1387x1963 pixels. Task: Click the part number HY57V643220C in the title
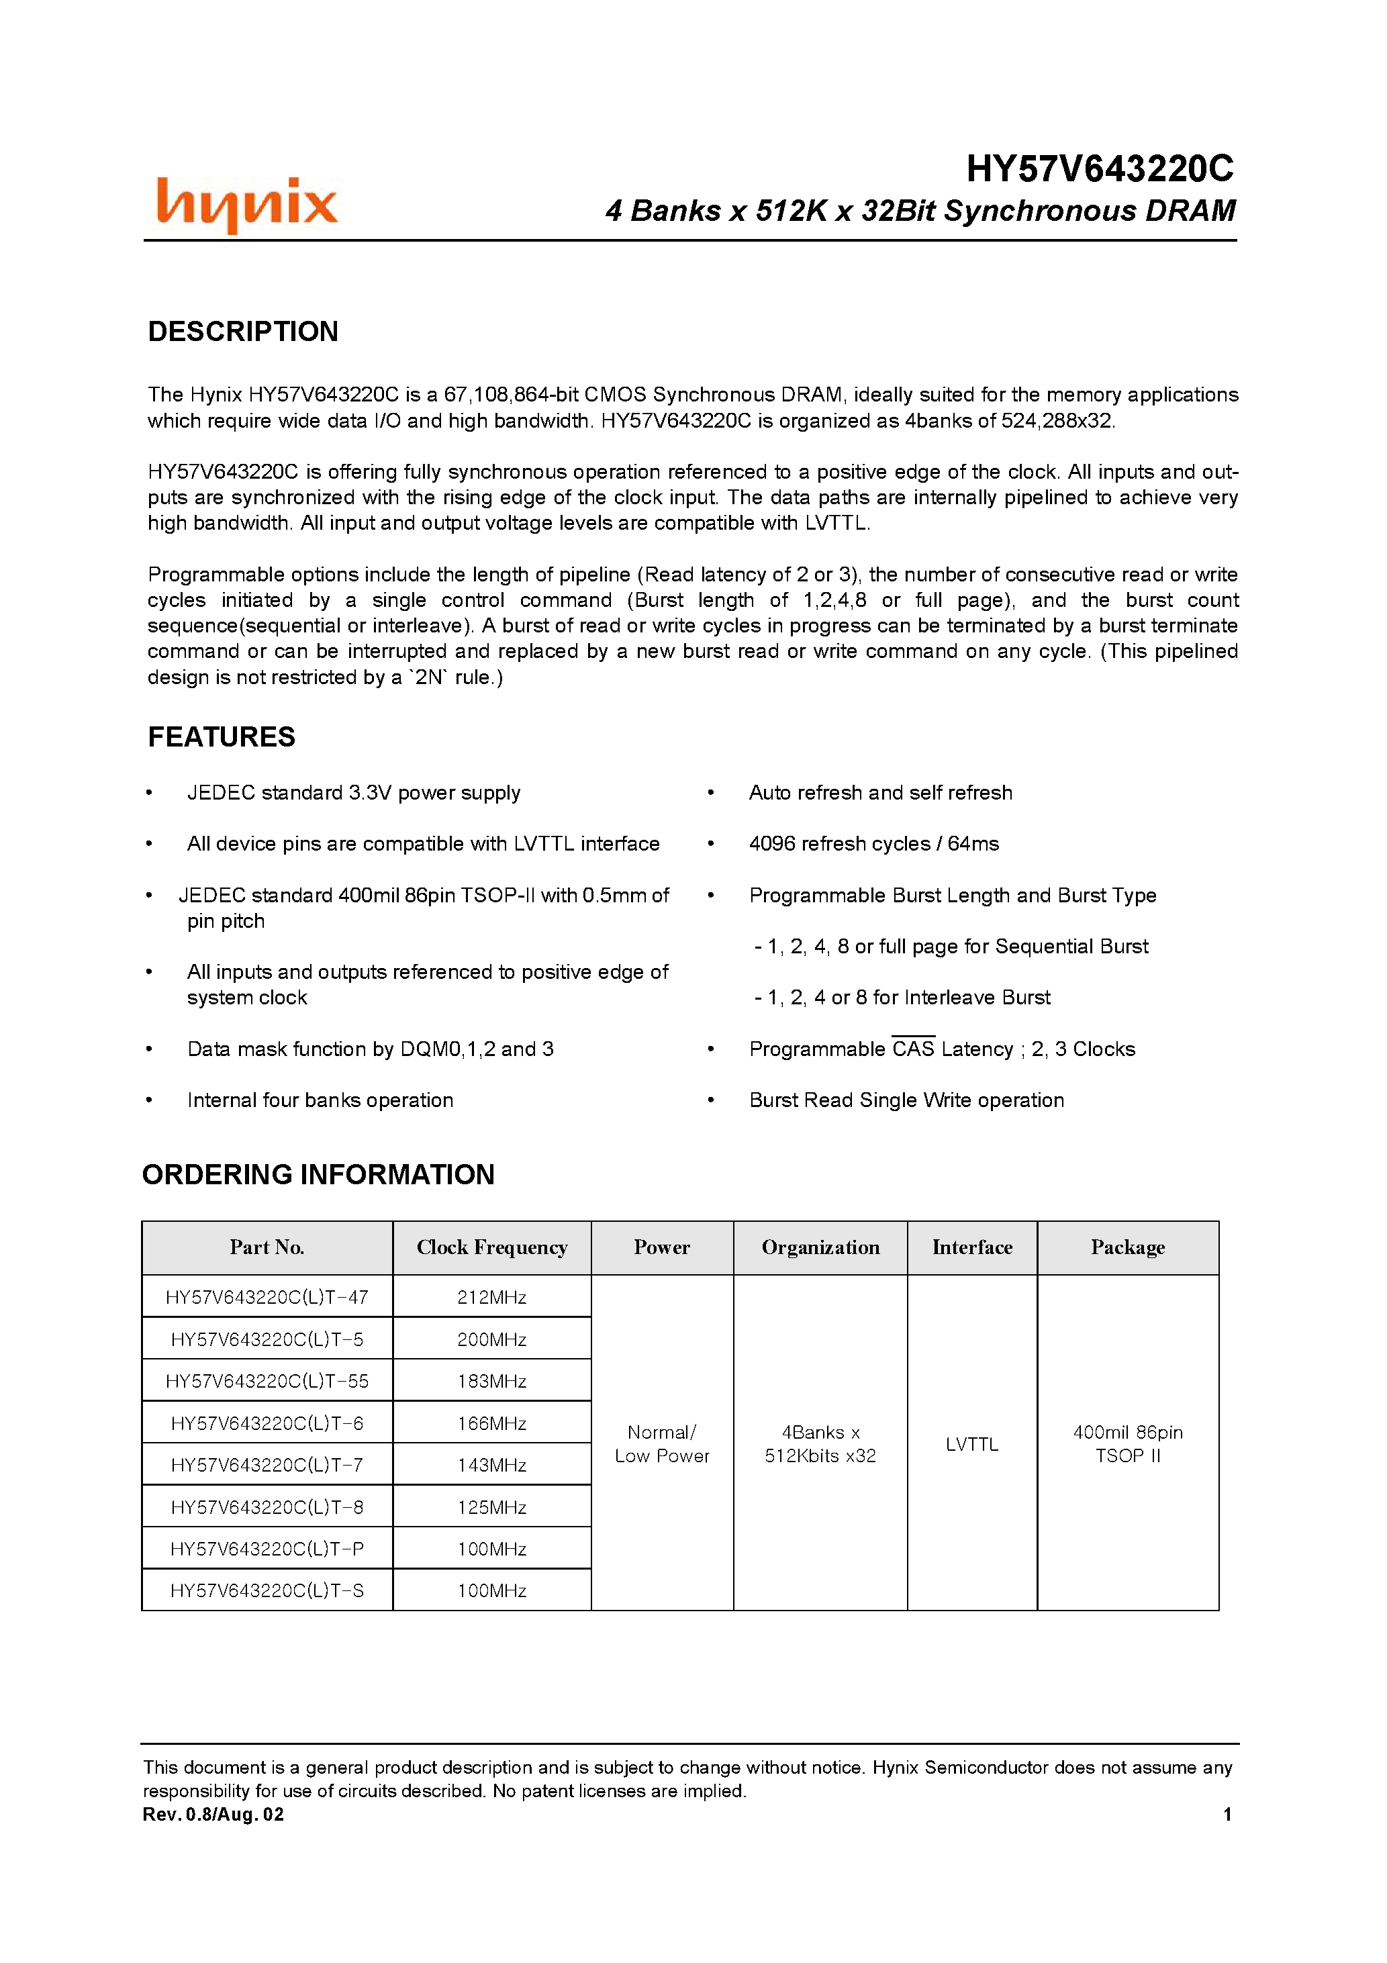pyautogui.click(x=1100, y=169)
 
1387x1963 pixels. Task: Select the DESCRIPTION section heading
pyautogui.click(x=243, y=331)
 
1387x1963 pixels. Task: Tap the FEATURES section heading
pyautogui.click(x=222, y=737)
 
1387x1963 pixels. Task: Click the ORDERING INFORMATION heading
pyautogui.click(x=318, y=1175)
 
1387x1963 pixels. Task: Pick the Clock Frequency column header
pyautogui.click(x=491, y=1247)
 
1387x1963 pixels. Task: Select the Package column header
pyautogui.click(x=1127, y=1247)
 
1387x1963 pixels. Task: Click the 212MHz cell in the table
pyautogui.click(x=491, y=1297)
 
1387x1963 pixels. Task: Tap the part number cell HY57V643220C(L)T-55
pyautogui.click(x=267, y=1381)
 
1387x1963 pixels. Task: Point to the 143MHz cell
pyautogui.click(x=491, y=1465)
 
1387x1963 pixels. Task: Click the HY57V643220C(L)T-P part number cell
pyautogui.click(x=267, y=1548)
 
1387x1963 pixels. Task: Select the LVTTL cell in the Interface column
pyautogui.click(x=971, y=1444)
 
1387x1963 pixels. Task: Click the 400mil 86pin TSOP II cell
pyautogui.click(x=1127, y=1443)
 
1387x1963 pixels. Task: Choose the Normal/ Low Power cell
pyautogui.click(x=662, y=1443)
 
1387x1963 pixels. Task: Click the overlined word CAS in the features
pyautogui.click(x=913, y=1049)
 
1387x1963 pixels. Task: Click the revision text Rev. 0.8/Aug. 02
pyautogui.click(x=213, y=1814)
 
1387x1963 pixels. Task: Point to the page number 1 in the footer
pyautogui.click(x=1227, y=1814)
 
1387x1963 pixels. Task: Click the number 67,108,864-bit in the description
pyautogui.click(x=501, y=394)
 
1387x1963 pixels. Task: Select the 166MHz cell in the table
pyautogui.click(x=491, y=1423)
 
